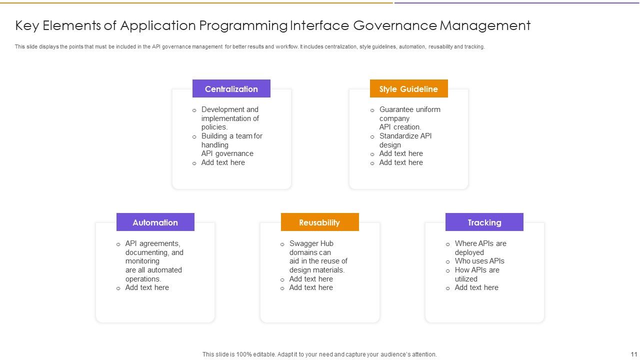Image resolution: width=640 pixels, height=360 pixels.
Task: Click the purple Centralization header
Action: click(x=231, y=89)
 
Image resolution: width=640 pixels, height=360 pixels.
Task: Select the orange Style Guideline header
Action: click(x=408, y=89)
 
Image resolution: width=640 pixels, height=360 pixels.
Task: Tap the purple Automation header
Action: click(x=155, y=222)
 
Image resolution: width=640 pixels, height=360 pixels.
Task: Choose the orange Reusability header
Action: click(x=319, y=222)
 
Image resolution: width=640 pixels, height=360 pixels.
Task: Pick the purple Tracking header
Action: click(x=484, y=222)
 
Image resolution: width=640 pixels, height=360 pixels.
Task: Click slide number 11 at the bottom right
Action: click(x=633, y=354)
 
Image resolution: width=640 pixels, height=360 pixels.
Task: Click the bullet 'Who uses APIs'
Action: click(x=479, y=261)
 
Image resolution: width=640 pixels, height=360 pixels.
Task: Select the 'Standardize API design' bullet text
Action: click(x=405, y=140)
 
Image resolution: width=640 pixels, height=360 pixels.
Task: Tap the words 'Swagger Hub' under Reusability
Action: click(x=311, y=243)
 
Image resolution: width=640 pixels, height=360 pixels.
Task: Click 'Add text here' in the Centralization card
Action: click(x=223, y=162)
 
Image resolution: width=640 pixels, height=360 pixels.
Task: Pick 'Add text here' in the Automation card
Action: click(x=147, y=287)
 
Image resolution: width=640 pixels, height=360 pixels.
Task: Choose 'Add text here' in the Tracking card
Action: click(x=476, y=287)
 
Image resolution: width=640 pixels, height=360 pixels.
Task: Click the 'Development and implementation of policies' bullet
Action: click(x=230, y=118)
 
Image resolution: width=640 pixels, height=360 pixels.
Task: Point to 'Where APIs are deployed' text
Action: click(x=480, y=248)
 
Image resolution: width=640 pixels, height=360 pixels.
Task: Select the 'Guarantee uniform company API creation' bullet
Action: click(x=409, y=118)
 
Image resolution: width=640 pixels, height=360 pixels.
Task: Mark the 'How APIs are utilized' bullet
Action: click(x=476, y=274)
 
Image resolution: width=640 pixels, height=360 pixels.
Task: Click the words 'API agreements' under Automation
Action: click(x=152, y=243)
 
